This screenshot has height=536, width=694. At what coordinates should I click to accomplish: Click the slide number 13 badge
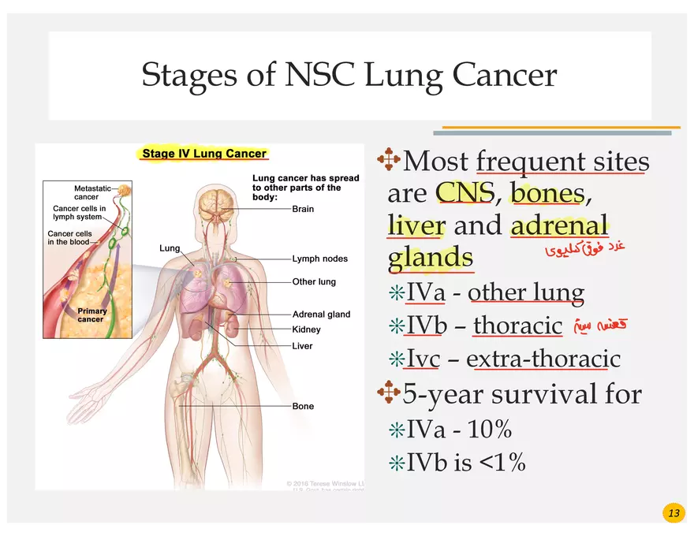[673, 514]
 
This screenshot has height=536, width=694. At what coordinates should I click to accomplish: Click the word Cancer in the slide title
[505, 76]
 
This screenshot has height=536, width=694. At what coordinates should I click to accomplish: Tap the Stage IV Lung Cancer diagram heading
[204, 154]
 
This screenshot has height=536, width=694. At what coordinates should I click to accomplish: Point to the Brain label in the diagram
[303, 209]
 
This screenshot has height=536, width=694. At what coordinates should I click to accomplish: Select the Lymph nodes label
[319, 259]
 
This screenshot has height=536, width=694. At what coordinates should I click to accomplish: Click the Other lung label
[314, 281]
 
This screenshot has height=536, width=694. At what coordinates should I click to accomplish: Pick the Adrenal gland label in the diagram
[321, 314]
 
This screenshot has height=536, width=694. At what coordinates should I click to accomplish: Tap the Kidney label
[306, 329]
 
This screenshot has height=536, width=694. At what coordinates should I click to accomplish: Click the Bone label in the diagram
[303, 406]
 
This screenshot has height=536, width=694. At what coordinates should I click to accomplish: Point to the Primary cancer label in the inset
[91, 315]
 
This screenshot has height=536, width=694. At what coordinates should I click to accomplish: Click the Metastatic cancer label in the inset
[92, 192]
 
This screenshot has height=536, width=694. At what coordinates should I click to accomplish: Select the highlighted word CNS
[465, 193]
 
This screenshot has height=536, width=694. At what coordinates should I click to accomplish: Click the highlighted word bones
[547, 193]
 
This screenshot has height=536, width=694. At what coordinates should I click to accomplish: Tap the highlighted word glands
[431, 258]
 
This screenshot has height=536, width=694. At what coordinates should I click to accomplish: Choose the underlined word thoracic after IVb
[517, 326]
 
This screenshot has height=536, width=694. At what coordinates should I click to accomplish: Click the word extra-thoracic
[543, 359]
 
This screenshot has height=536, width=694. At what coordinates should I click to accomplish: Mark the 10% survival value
[490, 430]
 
